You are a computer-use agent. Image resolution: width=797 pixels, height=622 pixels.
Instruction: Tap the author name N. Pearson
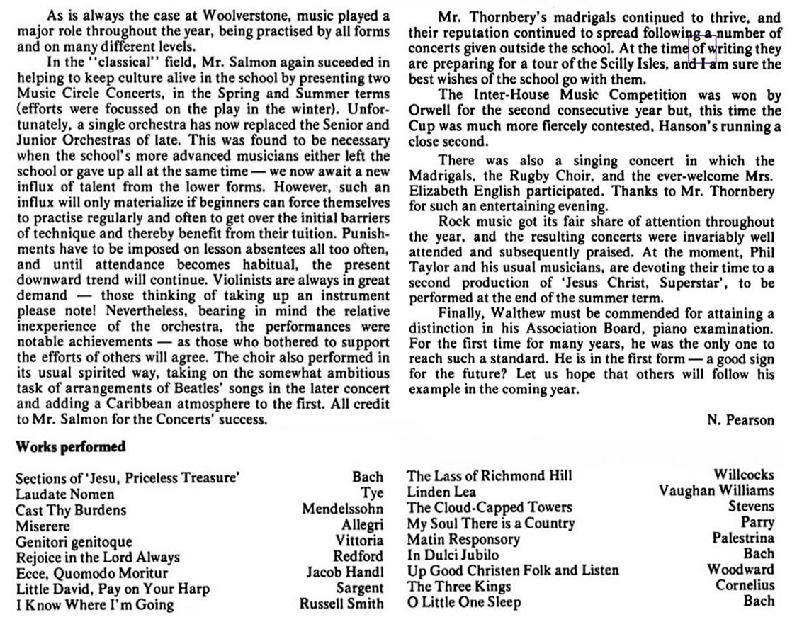pos(740,419)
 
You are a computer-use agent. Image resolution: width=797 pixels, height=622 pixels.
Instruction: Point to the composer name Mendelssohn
pos(342,509)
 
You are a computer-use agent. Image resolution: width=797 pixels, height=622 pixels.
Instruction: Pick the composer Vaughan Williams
pos(716,490)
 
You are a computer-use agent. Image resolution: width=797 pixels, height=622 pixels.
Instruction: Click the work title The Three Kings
pos(458,586)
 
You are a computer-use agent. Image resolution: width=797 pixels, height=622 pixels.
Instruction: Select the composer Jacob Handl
pos(344,572)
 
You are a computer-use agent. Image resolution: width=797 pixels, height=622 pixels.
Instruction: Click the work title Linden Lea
pos(441,492)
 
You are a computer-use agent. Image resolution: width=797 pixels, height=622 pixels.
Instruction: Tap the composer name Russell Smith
pos(341,604)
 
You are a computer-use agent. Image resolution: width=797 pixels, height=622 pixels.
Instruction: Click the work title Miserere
pos(43,526)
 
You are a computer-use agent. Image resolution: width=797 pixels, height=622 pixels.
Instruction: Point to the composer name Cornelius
pos(745,585)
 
